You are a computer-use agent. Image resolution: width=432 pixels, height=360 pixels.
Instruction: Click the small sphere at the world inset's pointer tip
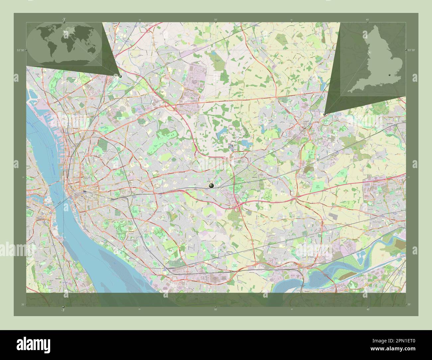pos(120,76)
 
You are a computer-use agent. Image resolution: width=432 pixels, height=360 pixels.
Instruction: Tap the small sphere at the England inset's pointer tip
pos(324,114)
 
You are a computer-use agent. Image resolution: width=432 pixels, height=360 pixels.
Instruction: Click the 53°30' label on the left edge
pos(21,50)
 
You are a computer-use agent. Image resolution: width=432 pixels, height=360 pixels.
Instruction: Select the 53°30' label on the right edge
pos(411,50)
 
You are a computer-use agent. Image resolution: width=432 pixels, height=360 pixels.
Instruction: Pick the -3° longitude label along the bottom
pos(63,310)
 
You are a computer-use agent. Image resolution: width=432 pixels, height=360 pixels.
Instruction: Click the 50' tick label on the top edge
pos(216,20)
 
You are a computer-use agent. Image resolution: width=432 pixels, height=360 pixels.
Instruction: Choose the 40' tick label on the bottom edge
pos(368,309)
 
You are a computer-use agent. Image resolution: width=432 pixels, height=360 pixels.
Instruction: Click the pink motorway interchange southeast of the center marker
pos(238,208)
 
